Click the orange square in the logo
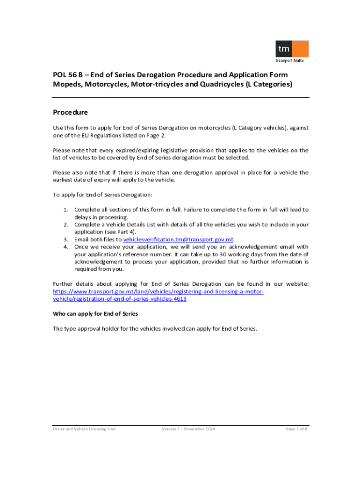click(300, 49)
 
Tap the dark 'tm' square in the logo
click(283, 49)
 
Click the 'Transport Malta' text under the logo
click(291, 60)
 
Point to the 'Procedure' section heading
click(70, 113)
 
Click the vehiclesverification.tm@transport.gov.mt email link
click(178, 239)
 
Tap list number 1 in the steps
click(66, 210)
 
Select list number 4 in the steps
click(66, 247)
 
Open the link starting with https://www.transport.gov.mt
click(158, 291)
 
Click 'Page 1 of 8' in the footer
click(296, 429)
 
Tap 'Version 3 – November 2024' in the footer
click(188, 429)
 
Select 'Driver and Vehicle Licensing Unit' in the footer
click(84, 429)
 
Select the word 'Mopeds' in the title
click(67, 85)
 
